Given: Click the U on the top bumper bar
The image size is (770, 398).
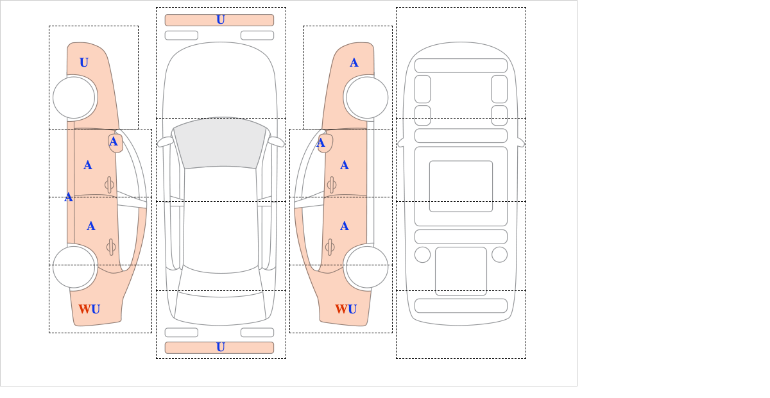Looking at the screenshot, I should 220,20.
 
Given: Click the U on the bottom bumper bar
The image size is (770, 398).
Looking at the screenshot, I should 220,347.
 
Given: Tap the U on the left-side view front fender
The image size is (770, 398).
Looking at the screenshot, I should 84,63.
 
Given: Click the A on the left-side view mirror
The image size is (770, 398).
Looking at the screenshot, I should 114,142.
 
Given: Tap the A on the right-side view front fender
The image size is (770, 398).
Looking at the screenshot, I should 354,63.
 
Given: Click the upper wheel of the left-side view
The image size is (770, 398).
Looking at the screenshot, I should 74,97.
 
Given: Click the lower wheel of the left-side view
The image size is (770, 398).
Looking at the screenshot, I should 74,267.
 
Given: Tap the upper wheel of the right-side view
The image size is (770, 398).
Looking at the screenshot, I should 366,97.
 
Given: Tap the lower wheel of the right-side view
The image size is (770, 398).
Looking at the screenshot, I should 366,267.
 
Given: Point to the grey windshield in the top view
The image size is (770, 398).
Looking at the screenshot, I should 220,142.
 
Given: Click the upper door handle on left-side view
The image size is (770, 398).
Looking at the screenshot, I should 109,185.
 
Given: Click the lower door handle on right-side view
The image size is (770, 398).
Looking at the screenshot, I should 330,247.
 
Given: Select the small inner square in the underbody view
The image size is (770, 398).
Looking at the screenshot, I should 461,186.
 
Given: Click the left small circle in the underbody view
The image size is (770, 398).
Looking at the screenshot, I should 422,254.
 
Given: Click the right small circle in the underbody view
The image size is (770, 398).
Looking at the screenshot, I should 499,254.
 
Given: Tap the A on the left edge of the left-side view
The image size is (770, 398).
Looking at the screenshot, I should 69,197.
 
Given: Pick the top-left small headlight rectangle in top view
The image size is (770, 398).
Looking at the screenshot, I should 181,35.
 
